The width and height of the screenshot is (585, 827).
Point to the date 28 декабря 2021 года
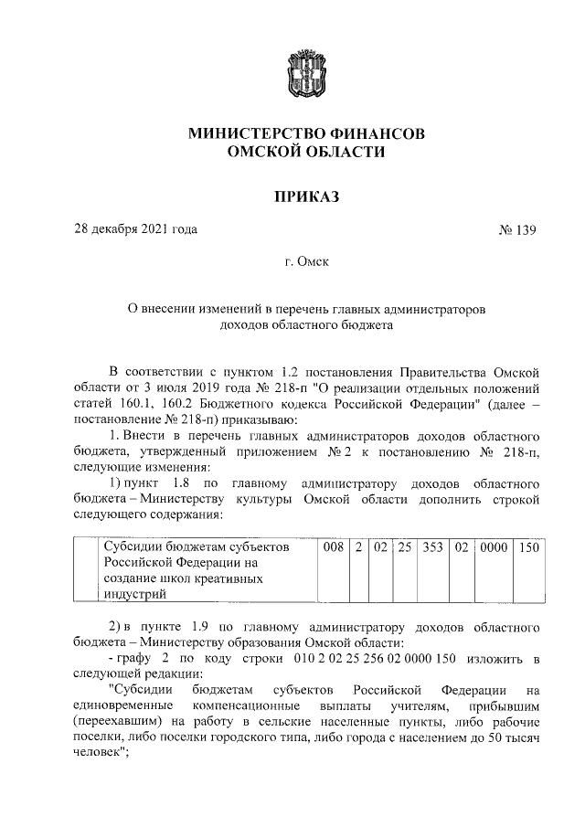[136, 228]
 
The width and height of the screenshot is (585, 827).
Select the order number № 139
[517, 228]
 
